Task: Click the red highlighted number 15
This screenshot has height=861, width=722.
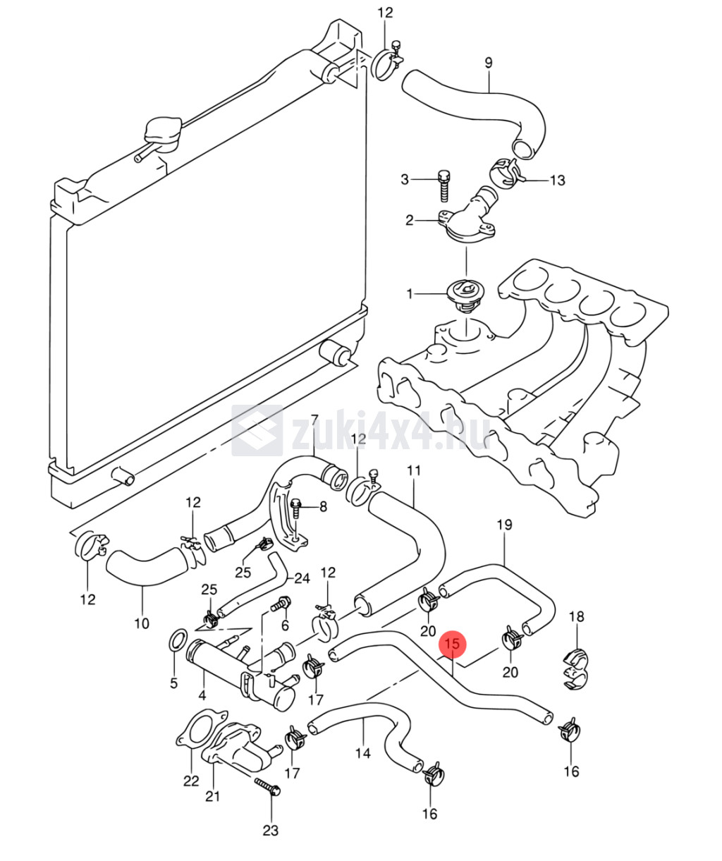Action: pos(453,643)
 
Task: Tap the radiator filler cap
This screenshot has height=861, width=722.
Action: pos(162,133)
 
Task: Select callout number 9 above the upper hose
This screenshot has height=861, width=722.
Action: pos(488,62)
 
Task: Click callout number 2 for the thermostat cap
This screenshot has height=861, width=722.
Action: pos(410,220)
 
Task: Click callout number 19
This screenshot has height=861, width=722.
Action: pos(504,524)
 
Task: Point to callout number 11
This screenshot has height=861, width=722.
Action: pos(413,470)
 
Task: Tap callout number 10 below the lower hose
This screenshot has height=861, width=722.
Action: pos(142,623)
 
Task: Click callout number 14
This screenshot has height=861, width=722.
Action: pos(362,753)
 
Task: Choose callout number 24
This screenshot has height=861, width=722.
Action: pos(302,578)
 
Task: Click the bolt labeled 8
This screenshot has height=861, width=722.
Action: pos(297,505)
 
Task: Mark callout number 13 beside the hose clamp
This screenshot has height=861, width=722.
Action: pos(557,181)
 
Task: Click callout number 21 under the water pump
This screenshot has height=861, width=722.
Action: pos(212,796)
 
